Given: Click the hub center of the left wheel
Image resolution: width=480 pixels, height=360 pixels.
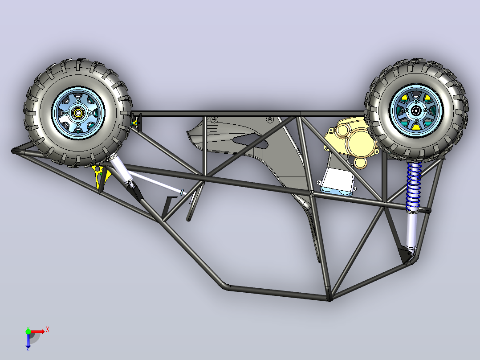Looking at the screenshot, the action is point(78,113).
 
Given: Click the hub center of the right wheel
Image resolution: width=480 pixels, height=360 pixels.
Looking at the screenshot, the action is point(416,111).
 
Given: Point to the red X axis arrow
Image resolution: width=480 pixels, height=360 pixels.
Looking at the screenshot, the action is point(38,331).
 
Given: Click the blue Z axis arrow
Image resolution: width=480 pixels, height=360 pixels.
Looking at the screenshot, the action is point(28,341).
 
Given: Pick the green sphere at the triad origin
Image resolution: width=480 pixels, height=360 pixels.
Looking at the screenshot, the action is point(28,331).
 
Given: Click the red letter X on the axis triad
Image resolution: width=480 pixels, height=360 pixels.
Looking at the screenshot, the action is point(48,330).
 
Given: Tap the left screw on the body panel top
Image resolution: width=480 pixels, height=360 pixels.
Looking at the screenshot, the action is point(214,119).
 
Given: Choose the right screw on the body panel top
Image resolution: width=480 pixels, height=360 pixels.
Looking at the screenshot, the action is point(270,119).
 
